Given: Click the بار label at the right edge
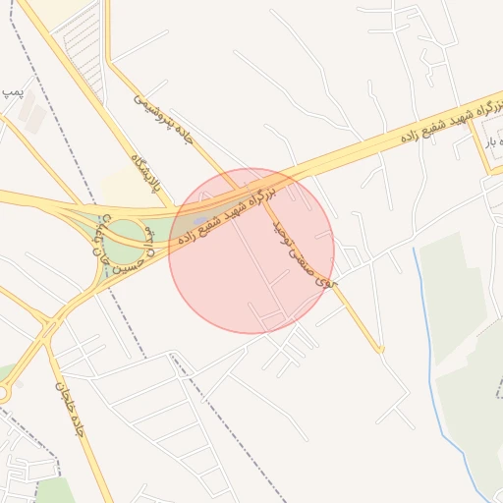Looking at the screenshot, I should (491, 143).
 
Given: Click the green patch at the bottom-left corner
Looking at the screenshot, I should (54, 490).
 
